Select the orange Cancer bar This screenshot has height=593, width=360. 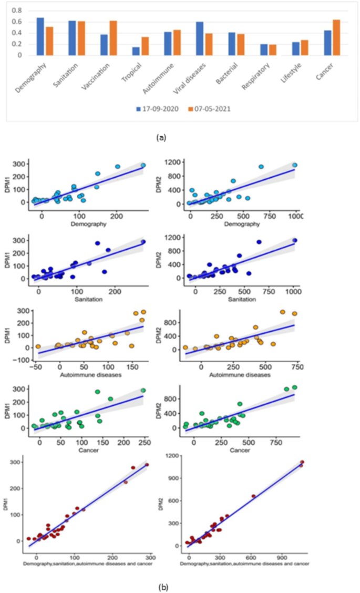(x=336, y=37)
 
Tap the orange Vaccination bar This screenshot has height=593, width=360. (x=114, y=38)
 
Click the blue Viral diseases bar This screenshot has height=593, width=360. (x=199, y=38)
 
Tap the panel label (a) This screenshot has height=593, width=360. (x=161, y=137)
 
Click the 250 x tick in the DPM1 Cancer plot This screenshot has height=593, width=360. (x=143, y=437)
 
